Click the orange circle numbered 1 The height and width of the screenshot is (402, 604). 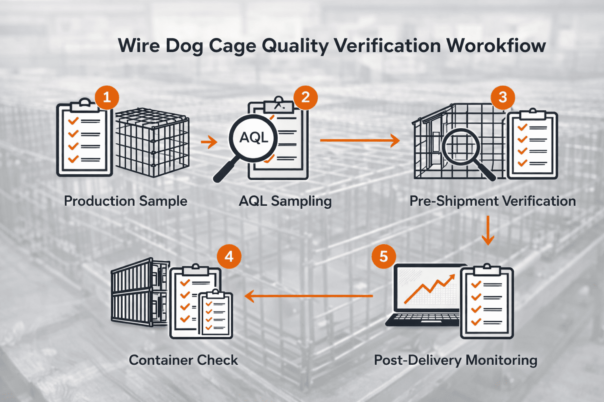[107, 97]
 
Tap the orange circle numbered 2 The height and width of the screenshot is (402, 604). [306, 97]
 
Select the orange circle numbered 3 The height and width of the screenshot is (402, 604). [503, 97]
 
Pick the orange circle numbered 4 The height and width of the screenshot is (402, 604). [229, 257]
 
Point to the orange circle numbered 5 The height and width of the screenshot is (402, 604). [383, 257]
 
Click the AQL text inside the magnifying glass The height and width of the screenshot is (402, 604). [254, 138]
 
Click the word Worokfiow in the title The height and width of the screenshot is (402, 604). [496, 46]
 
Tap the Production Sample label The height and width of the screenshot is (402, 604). [125, 201]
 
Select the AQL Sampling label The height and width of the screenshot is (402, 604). [285, 201]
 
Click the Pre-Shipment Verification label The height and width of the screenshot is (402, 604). [492, 201]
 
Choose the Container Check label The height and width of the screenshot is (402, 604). [183, 360]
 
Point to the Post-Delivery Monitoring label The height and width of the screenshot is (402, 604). [455, 360]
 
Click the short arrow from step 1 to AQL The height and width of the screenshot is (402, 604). [209, 142]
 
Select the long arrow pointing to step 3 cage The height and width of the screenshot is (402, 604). [359, 140]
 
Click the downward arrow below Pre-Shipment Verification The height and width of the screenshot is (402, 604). [488, 230]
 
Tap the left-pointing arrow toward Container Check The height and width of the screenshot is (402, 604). [309, 296]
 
